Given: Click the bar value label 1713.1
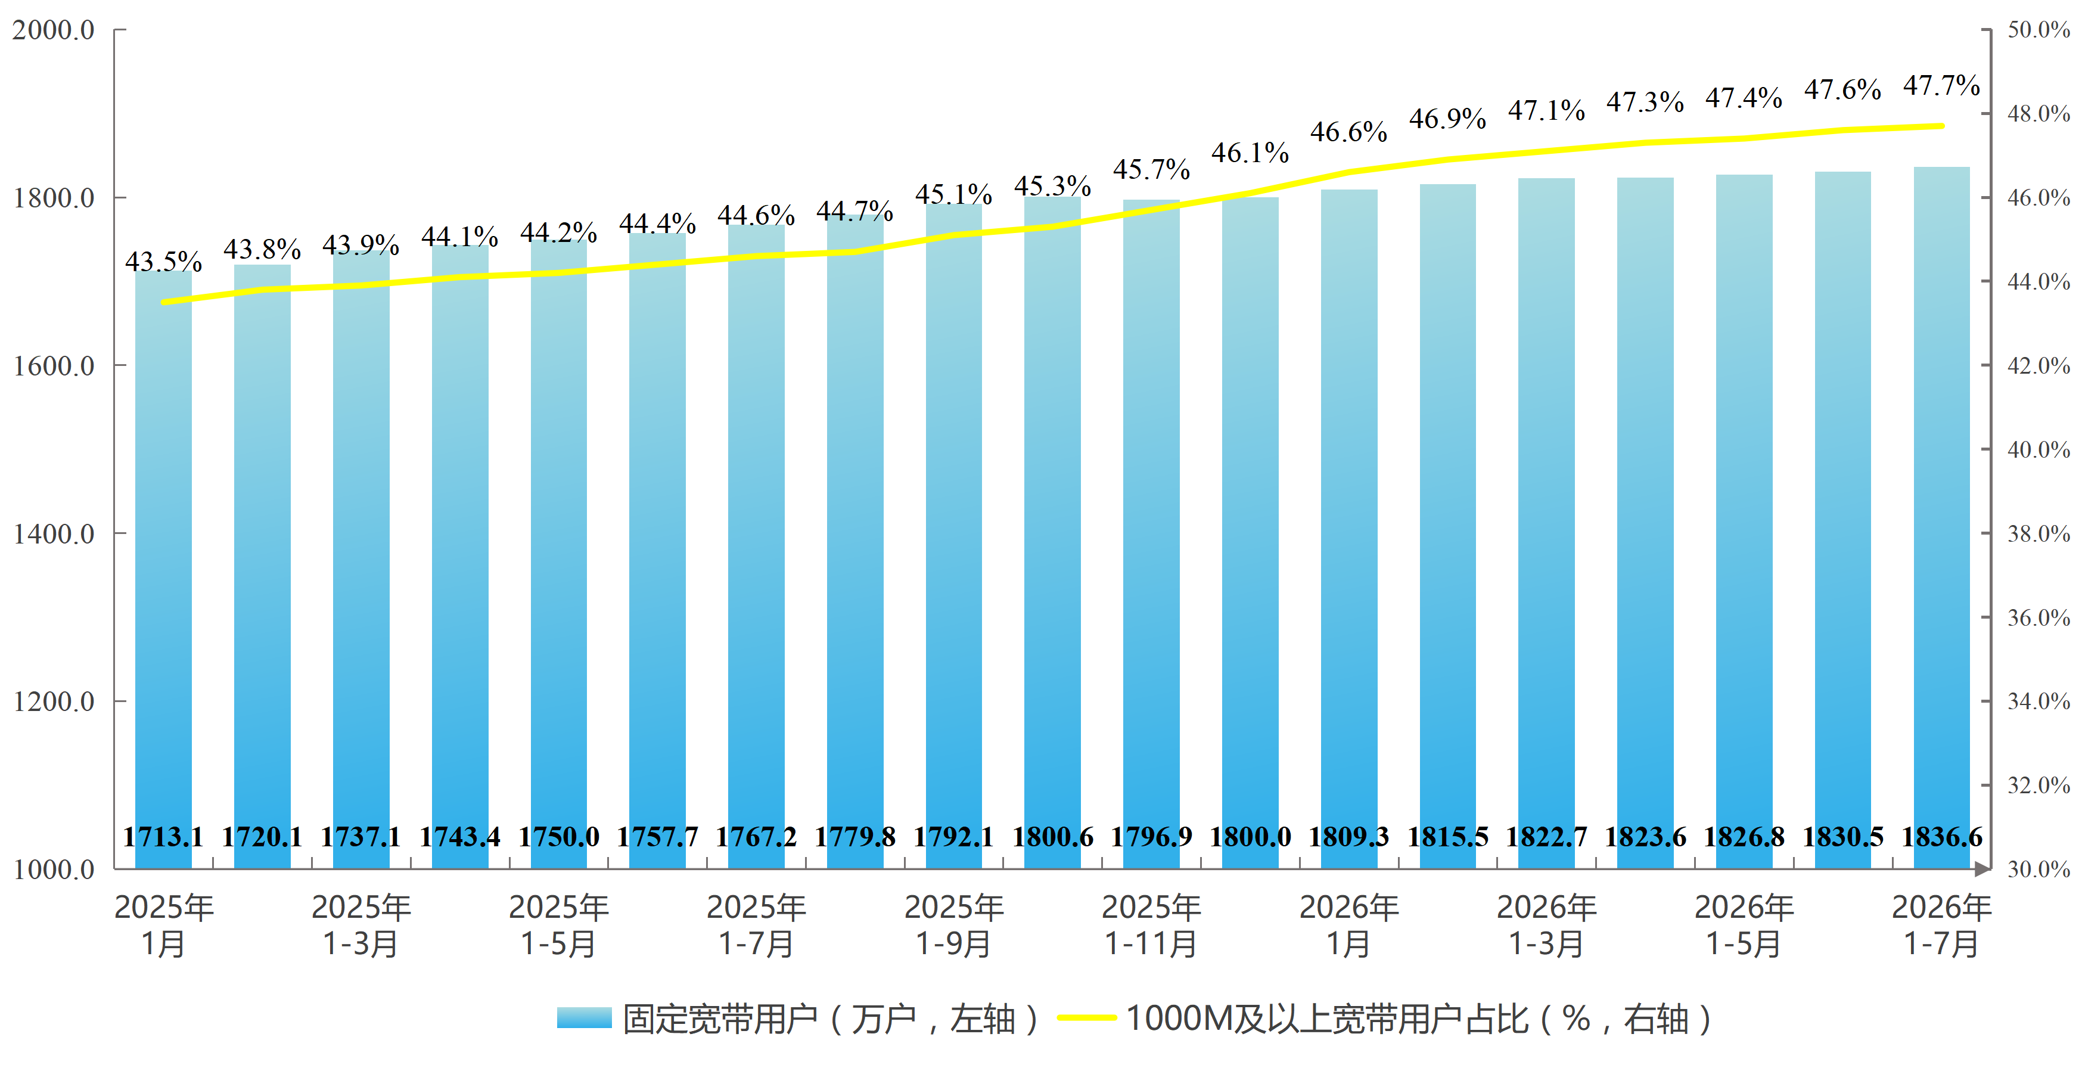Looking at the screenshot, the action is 163,836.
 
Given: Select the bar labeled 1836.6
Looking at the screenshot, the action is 1941,517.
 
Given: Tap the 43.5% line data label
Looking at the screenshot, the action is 163,261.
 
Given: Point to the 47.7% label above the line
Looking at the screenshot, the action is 1941,85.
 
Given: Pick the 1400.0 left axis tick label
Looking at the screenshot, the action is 54,533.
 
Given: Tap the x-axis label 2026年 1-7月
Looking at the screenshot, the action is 1941,925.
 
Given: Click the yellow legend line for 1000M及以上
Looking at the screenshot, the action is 1086,1018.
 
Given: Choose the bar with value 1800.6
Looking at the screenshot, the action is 1052,533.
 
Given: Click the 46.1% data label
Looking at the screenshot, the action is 1250,152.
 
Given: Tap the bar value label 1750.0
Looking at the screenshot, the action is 558,836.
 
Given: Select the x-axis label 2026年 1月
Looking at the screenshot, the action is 1349,925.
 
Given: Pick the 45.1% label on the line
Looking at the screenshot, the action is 954,194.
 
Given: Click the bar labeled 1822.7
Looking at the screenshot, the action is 1546,523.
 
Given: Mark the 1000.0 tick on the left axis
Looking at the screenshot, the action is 54,869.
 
